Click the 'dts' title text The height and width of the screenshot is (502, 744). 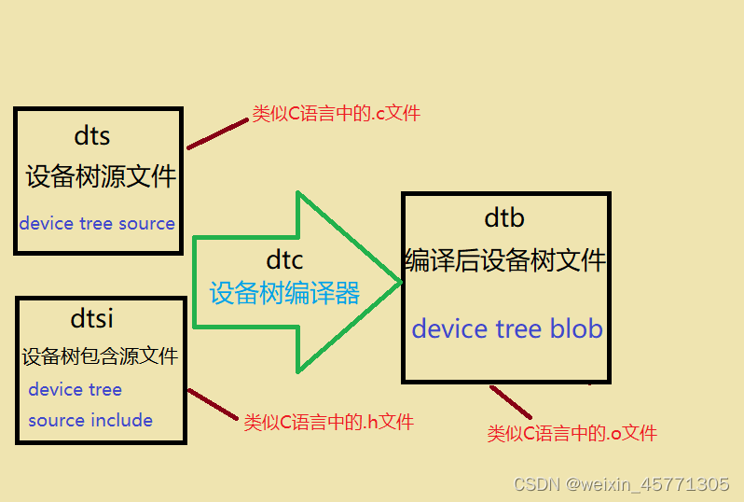click(92, 136)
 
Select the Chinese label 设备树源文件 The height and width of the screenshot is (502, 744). click(101, 176)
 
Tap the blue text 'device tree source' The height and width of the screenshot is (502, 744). click(97, 224)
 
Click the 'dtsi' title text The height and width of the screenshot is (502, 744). click(92, 318)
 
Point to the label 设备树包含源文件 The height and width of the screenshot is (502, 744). click(100, 356)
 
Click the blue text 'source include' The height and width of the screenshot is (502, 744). click(90, 420)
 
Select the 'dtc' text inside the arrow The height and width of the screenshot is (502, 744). click(284, 261)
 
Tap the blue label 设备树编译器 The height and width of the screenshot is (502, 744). click(284, 293)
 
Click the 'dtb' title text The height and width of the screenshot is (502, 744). click(504, 217)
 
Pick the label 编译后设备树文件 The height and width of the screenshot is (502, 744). click(505, 260)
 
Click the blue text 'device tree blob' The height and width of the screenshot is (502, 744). click(507, 328)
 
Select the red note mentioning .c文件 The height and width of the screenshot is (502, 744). click(337, 114)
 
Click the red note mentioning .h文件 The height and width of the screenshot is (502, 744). click(328, 422)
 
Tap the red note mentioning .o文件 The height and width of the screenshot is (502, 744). click(572, 433)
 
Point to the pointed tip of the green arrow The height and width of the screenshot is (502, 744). click(399, 282)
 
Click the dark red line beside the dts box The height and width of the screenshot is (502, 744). click(218, 134)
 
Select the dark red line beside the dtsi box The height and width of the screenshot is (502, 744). click(214, 404)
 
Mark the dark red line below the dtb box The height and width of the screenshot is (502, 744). click(511, 402)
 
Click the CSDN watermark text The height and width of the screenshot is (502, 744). click(621, 484)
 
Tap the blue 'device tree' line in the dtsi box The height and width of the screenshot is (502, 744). click(75, 389)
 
